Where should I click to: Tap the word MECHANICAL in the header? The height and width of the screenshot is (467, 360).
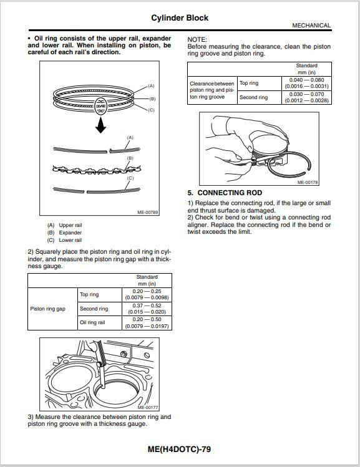[311, 26]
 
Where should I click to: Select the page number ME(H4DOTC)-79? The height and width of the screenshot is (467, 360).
[180, 448]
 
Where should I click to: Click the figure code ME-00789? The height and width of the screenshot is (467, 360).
[148, 213]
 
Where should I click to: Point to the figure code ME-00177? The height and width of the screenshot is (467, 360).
[147, 408]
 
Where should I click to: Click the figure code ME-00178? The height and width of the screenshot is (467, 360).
[308, 183]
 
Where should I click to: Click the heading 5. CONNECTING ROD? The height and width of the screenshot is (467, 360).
[225, 193]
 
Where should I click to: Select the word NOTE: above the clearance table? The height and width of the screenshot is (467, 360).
[197, 39]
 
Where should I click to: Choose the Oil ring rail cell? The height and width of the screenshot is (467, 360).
[92, 323]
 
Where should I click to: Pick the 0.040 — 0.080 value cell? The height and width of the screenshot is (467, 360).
[306, 83]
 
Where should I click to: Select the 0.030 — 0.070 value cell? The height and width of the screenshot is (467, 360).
[306, 97]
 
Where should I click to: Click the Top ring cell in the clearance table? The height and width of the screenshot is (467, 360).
[249, 83]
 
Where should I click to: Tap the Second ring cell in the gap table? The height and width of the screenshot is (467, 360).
[94, 309]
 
